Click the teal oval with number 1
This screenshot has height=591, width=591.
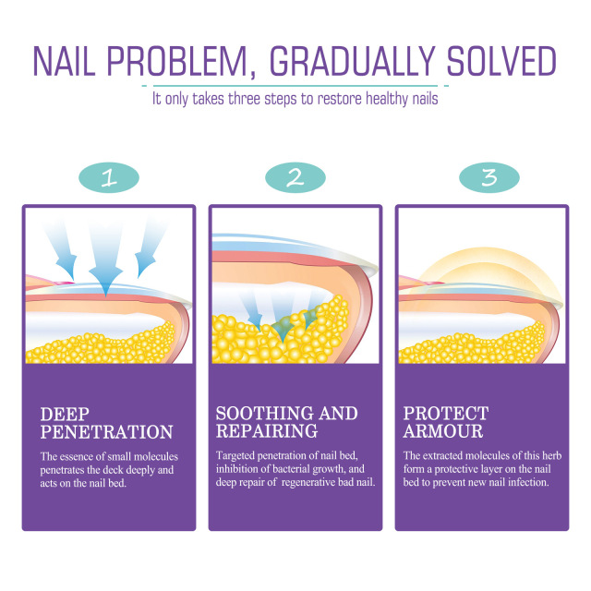tap(109, 177)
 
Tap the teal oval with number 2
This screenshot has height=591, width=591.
tap(295, 177)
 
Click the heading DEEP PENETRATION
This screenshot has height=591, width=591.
tap(106, 422)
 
